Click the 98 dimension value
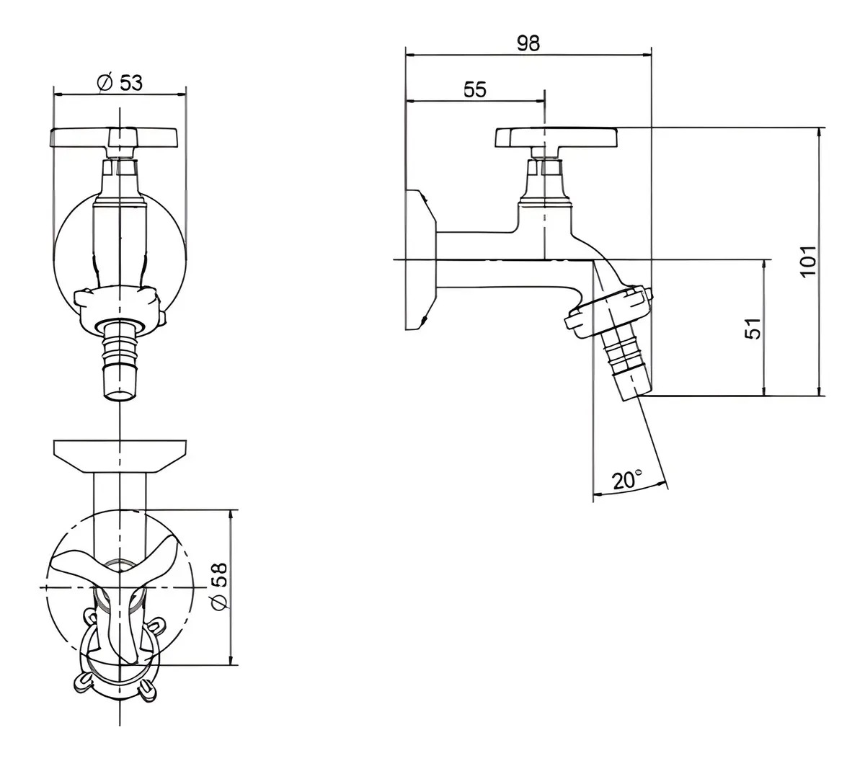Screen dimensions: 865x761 coord(528,43)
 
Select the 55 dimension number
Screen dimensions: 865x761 coord(475,89)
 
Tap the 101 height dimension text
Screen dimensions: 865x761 coord(807,261)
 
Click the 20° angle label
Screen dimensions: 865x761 coord(627,480)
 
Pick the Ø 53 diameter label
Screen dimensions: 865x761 coord(120,82)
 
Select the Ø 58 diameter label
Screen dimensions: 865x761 coord(221,586)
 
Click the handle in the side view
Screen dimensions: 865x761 coord(556,138)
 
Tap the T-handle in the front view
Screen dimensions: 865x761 coord(114,137)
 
